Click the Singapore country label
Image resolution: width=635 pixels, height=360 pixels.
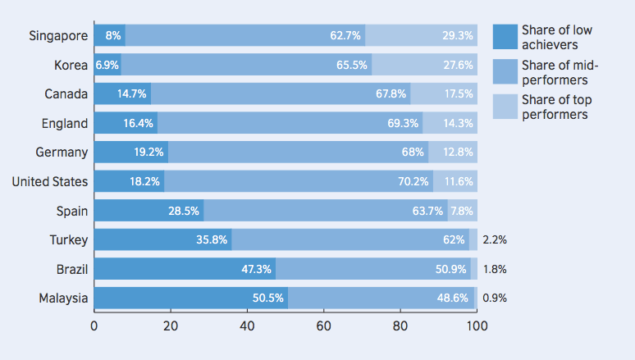58,35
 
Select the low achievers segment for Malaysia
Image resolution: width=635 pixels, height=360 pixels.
190,298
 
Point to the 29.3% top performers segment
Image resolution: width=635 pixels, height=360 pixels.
421,35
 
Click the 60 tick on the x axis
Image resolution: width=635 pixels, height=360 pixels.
323,326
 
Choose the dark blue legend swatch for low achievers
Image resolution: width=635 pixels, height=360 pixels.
505,37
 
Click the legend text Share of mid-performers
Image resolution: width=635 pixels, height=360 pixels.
556,73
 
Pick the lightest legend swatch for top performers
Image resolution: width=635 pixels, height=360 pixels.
505,106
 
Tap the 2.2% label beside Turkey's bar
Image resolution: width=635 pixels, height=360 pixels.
495,239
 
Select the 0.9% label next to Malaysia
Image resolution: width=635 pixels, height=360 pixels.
495,298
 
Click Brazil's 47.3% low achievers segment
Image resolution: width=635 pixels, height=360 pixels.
185,269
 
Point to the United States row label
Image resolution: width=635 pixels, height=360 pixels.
49,181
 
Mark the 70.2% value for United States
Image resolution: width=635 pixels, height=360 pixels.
413,181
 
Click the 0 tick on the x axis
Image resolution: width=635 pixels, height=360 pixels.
94,326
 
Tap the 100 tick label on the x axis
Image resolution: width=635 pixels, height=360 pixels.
477,326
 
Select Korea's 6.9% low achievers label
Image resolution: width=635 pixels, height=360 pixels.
107,65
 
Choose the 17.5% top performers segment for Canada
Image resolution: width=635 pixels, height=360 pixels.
444,93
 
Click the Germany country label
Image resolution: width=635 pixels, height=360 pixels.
62,152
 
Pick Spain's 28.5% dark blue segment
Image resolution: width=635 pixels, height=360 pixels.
148,211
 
